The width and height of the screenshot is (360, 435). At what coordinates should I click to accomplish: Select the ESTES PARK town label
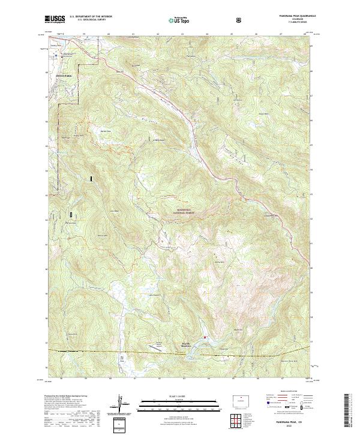click(63, 76)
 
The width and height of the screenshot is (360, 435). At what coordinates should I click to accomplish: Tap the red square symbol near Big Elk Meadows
click(205, 337)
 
